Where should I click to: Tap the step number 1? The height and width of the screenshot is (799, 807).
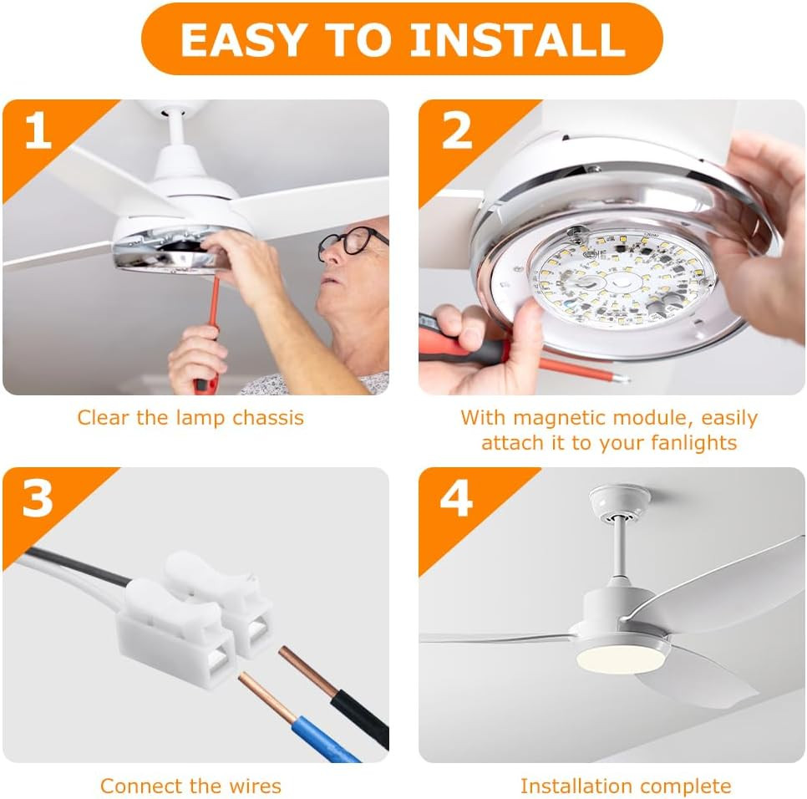pyautogui.click(x=38, y=131)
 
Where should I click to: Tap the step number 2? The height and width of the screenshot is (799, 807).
pyautogui.click(x=456, y=131)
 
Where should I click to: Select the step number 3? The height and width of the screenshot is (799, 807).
pyautogui.click(x=38, y=499)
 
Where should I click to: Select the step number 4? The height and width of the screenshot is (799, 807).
pyautogui.click(x=456, y=499)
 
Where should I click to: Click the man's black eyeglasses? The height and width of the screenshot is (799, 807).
pyautogui.click(x=351, y=242)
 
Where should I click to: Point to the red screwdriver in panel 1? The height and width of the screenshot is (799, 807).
pyautogui.click(x=210, y=334)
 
